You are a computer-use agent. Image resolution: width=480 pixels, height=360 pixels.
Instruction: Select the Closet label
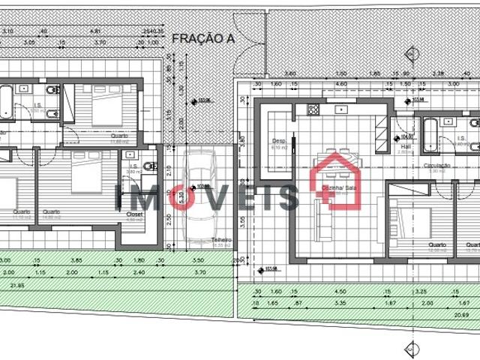click(x=136, y=213)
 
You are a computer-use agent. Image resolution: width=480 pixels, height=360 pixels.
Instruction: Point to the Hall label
click(x=406, y=148)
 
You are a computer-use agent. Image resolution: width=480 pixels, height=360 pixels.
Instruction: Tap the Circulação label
click(x=436, y=166)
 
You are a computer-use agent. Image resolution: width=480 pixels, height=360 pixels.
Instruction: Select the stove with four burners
click(x=311, y=109)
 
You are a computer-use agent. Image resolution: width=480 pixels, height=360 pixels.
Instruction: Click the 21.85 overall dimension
click(x=15, y=286)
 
